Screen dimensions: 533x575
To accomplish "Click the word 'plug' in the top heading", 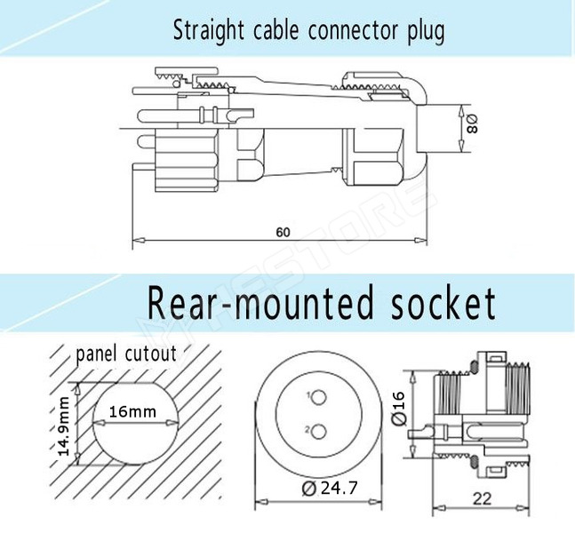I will [424, 33].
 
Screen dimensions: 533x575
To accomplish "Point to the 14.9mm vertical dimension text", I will [64, 425].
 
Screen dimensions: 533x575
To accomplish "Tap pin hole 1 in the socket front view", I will [315, 396].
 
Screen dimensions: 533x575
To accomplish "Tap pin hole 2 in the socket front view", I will [315, 433].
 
